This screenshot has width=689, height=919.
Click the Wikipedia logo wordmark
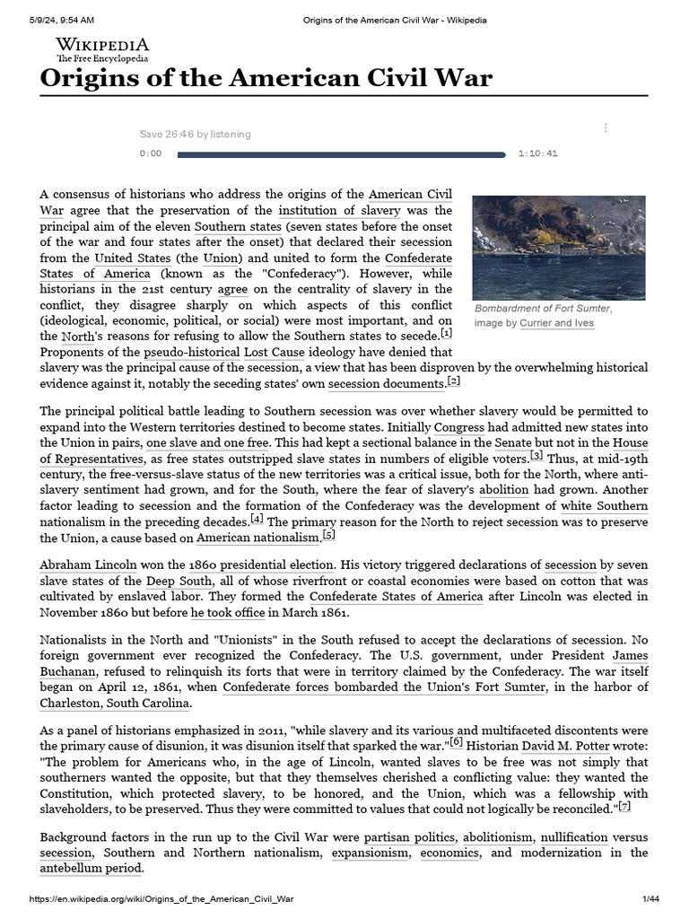pyautogui.click(x=102, y=45)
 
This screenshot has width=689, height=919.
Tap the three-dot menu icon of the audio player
pyautogui.click(x=606, y=128)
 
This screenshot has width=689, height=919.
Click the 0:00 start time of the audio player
pyautogui.click(x=151, y=153)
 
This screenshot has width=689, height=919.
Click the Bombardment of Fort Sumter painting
pyautogui.click(x=559, y=248)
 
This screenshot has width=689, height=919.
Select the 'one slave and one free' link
pyautogui.click(x=207, y=443)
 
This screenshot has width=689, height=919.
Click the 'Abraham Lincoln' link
pyautogui.click(x=89, y=565)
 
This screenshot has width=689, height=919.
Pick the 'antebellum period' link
pyautogui.click(x=91, y=869)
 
